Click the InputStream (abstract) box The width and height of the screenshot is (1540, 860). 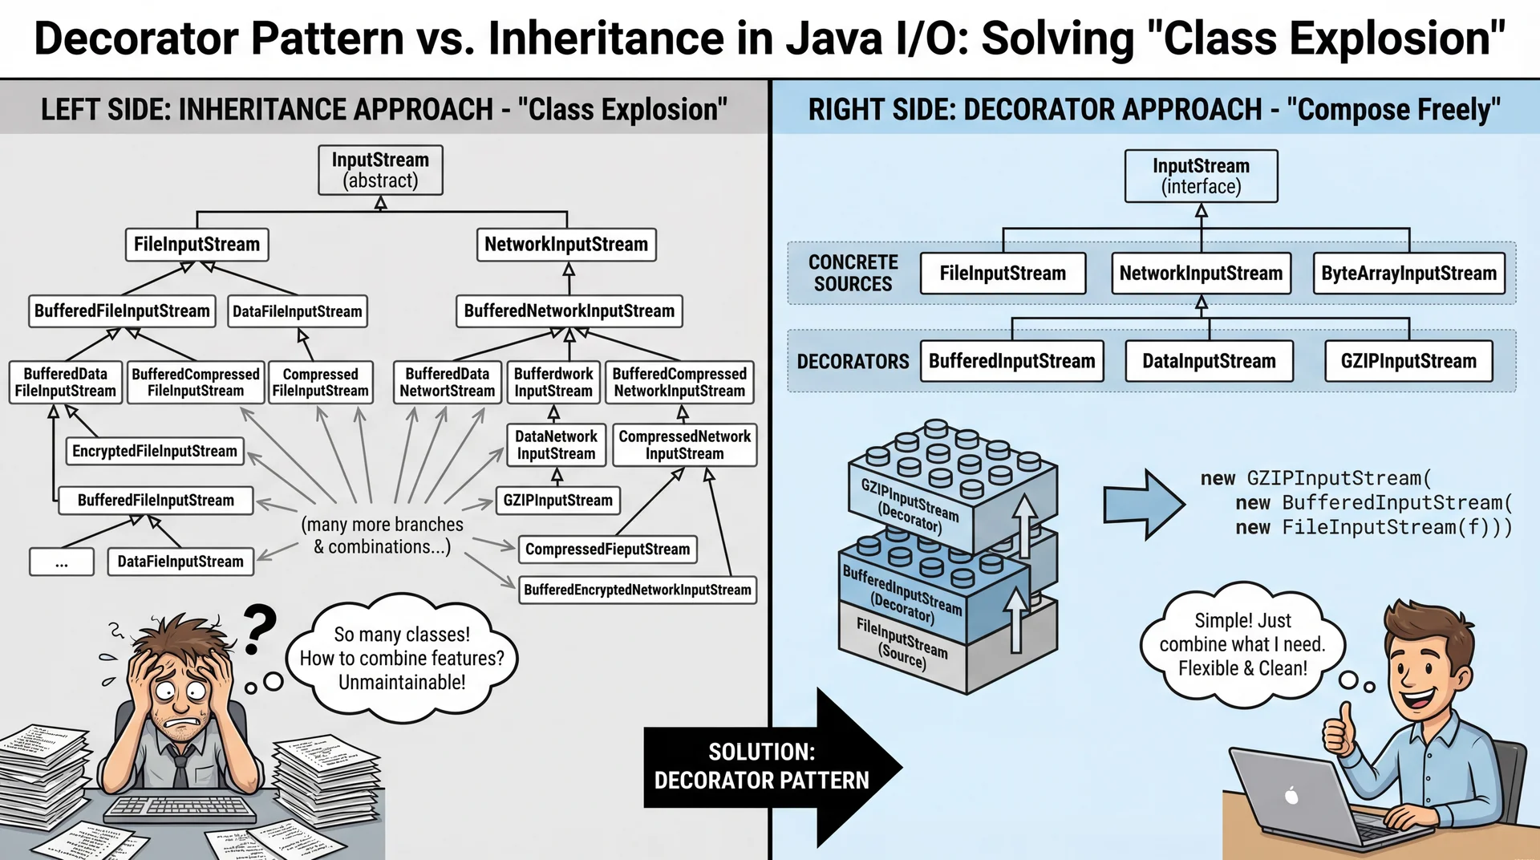coord(380,170)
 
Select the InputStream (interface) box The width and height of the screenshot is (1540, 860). coord(1201,176)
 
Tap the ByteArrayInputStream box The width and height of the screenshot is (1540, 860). coord(1408,274)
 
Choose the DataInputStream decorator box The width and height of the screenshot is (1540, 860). coord(1209,361)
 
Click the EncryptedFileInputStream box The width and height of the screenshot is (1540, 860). coord(155,451)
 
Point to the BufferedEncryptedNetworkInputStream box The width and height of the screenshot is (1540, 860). coord(638,590)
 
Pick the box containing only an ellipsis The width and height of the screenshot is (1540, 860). coord(62,562)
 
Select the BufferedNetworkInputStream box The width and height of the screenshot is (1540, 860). coord(569,311)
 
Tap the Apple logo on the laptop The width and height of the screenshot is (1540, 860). coord(1291,795)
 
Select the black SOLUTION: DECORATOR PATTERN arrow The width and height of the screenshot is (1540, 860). coord(770,767)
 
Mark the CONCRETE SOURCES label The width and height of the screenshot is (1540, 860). coord(853,274)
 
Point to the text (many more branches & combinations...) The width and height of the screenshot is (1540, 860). coord(382,536)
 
